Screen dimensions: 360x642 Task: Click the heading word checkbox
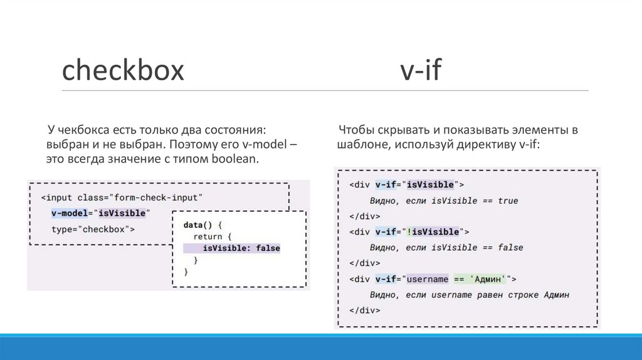tap(123, 71)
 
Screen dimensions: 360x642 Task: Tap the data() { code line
tap(203, 224)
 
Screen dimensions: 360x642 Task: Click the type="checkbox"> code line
tap(93, 229)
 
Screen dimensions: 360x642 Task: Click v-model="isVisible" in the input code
tap(100, 213)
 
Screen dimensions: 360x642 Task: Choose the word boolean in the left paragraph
tap(234, 159)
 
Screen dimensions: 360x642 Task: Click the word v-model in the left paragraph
tap(263, 144)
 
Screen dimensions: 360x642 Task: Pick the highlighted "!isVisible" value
tap(433, 231)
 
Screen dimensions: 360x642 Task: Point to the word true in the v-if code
tap(508, 201)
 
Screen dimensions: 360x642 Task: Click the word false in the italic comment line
tap(510, 247)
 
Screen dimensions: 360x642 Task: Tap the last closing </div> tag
tap(362, 310)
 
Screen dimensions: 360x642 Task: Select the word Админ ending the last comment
tap(556, 294)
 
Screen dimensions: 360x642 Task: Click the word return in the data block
tap(208, 236)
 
